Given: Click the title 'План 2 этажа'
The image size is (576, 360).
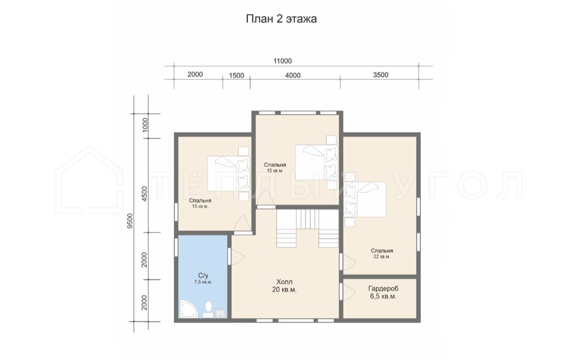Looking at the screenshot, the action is coord(281,19).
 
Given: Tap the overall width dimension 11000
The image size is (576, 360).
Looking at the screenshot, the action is coord(283,61).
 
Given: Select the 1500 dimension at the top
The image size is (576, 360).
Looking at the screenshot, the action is coord(237,75).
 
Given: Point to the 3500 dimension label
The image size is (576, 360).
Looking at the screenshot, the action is coord(380,75).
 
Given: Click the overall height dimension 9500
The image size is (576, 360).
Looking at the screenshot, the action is coord(130,221).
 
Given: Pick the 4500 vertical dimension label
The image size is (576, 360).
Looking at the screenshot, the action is coord(144,194).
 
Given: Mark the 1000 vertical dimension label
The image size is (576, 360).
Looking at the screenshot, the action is coord(145,125).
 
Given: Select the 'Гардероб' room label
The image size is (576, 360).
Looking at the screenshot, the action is coord(383,289).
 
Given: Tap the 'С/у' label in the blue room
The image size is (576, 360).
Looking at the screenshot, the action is coord(203,276).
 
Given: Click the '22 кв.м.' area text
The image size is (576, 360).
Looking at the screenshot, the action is coord(381,257).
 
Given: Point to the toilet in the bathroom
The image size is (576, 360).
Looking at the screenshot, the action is coord(209,309).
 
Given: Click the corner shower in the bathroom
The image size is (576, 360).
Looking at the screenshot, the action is coord(188,309).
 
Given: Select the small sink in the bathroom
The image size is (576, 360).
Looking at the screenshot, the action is coord(221,313).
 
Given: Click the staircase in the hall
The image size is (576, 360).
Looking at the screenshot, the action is coord(307,228).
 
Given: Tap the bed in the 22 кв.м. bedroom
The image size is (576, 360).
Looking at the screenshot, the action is coord(365,200).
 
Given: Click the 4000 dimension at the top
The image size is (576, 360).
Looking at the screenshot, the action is coord(293,75).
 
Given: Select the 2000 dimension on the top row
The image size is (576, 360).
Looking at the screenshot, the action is coord(195,75).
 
